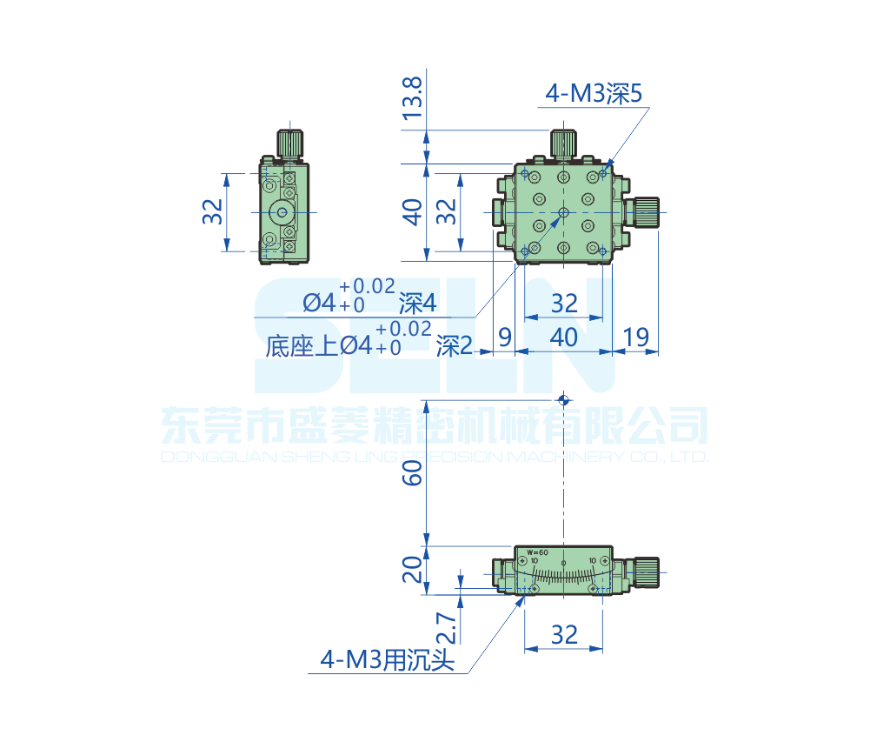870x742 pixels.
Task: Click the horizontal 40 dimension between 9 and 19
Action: coord(564,337)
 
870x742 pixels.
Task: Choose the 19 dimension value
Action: coord(636,337)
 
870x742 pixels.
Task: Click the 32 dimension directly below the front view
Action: coord(564,634)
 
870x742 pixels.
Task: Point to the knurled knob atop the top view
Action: coord(563,144)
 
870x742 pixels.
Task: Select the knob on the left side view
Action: coord(290,142)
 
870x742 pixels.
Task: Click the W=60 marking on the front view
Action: coord(537,552)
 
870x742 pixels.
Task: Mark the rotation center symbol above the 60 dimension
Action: coord(564,400)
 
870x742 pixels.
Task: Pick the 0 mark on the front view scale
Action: coord(564,565)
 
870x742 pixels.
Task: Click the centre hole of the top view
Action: coord(563,212)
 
